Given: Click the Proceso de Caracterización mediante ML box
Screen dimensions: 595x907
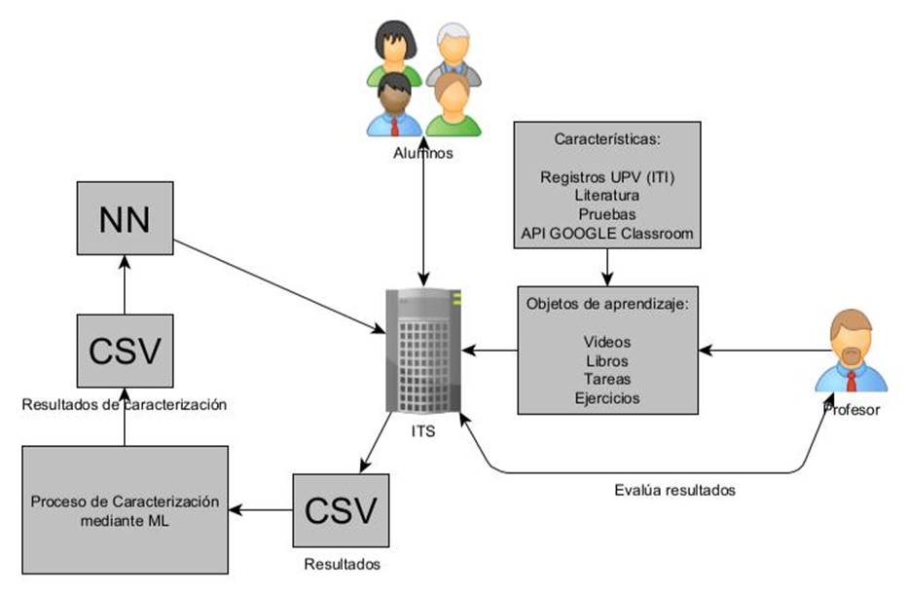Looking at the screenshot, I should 125,509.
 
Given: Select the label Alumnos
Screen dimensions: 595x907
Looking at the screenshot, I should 423,153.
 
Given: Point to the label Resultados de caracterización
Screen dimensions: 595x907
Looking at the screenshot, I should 125,405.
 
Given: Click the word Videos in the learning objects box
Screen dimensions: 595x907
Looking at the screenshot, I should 607,342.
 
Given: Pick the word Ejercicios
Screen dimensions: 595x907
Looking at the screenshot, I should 607,397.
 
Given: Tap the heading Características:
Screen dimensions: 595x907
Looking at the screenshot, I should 607,139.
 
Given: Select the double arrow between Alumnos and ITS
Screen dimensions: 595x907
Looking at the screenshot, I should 422,214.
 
